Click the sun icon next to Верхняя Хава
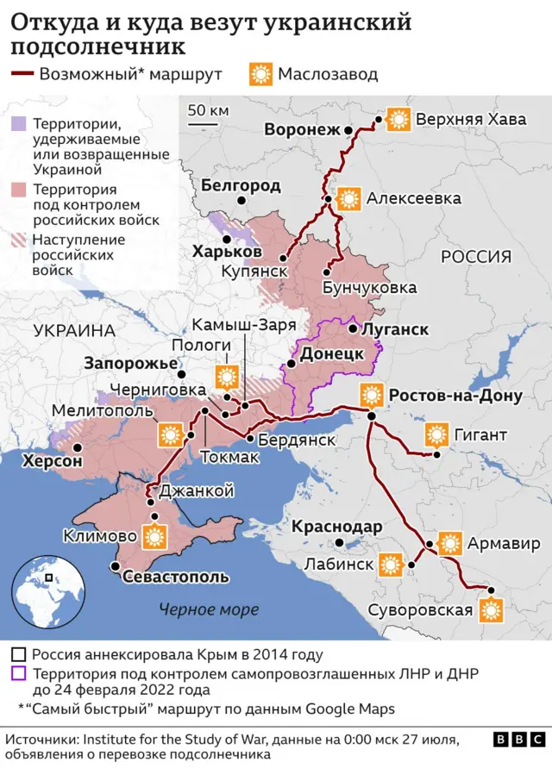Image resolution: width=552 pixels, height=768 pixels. [x=398, y=120]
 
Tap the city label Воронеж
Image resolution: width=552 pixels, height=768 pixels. [x=303, y=130]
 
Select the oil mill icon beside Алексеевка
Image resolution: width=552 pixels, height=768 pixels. [x=349, y=199]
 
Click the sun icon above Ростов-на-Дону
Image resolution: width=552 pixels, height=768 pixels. [x=372, y=396]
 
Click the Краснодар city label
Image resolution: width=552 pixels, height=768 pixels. [x=336, y=527]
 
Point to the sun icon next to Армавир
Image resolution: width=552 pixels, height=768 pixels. [x=449, y=544]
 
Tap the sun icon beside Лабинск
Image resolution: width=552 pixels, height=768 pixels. [x=391, y=565]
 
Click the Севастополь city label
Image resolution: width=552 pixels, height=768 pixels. [x=175, y=577]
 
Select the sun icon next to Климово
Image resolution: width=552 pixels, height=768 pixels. [x=155, y=536]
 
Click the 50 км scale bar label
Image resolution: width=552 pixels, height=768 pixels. [x=208, y=110]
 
